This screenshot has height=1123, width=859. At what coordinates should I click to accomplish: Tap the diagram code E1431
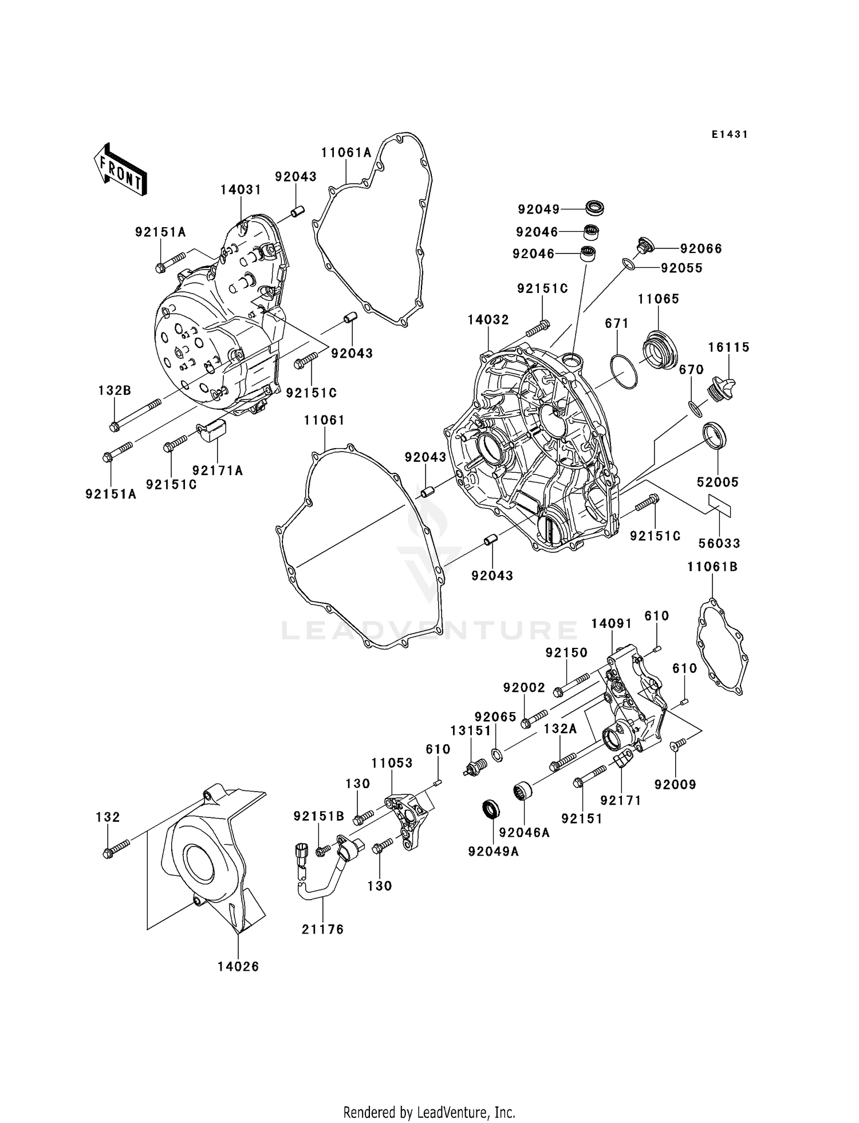coord(730,135)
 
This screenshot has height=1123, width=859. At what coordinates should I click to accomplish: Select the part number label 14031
coord(241,190)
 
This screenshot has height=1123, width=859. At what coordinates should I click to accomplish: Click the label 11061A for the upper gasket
coord(346,153)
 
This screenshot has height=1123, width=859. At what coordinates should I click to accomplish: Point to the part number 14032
coord(488,320)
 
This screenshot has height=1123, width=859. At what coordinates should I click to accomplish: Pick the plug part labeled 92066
coord(644,247)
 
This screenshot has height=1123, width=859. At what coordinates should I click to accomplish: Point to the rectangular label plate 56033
coord(719,506)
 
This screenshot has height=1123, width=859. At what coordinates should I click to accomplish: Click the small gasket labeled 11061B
coord(723,646)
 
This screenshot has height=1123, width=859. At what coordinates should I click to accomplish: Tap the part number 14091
coord(611,624)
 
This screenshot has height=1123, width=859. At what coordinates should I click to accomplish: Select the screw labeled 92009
coord(677,745)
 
